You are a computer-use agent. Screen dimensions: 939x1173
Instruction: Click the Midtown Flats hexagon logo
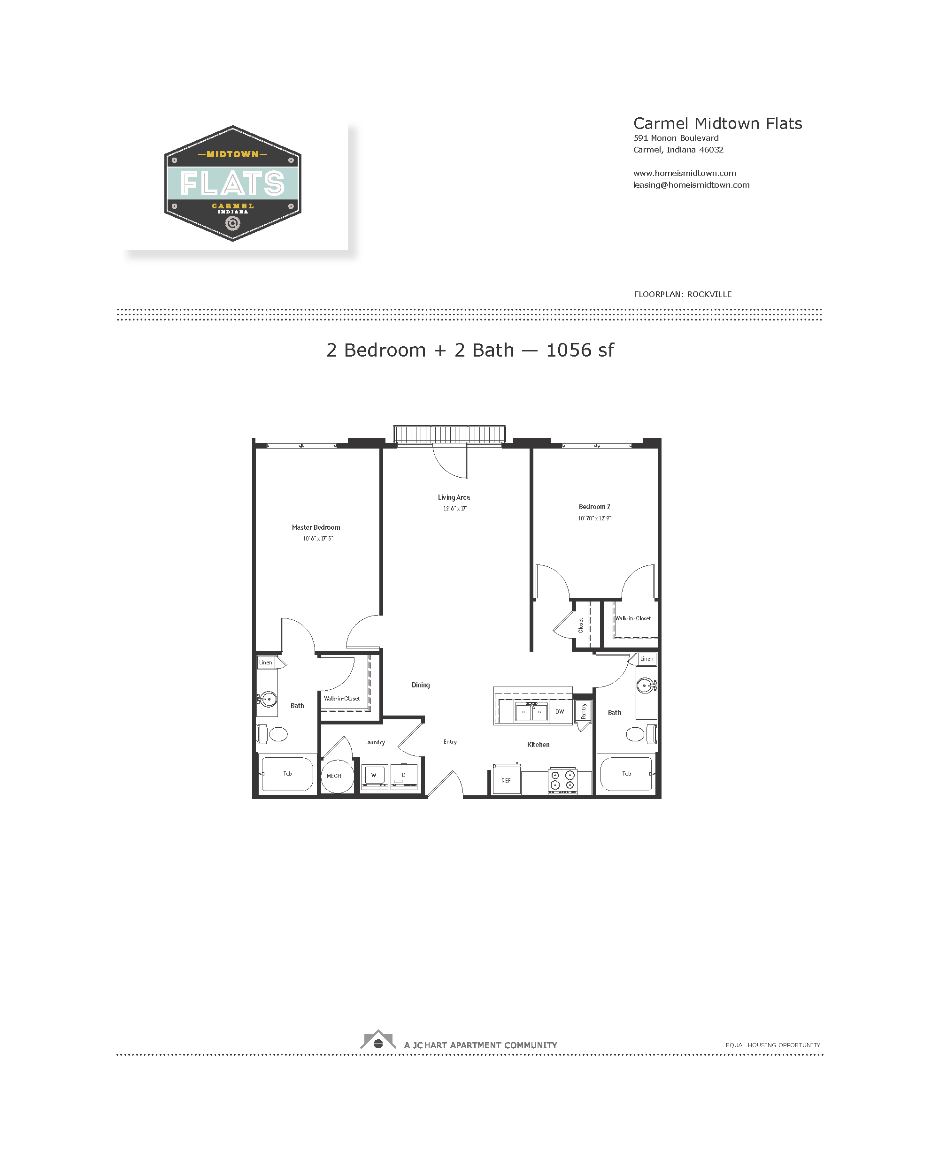232,183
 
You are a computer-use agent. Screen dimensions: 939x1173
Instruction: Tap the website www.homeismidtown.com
684,173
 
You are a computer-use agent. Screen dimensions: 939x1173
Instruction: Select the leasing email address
691,185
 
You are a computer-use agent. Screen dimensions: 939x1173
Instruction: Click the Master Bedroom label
316,527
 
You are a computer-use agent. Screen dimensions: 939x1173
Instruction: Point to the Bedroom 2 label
594,507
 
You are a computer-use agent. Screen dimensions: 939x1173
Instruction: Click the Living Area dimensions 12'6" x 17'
454,509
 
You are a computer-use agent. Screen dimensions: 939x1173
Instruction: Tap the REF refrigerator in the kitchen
506,780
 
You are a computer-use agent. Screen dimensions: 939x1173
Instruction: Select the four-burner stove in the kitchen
562,780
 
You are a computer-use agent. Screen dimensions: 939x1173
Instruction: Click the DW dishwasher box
560,712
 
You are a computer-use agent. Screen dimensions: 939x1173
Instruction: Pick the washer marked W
374,775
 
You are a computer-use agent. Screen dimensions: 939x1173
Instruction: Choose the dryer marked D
404,775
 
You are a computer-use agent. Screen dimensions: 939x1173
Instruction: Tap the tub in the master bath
287,774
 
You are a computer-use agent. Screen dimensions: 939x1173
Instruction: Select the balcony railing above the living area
450,434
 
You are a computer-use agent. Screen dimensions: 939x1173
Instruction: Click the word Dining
421,685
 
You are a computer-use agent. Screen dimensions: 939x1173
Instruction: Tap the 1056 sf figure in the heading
580,350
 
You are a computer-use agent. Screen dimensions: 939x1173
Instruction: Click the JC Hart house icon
378,1040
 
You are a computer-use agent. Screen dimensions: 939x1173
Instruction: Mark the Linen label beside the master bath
266,662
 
